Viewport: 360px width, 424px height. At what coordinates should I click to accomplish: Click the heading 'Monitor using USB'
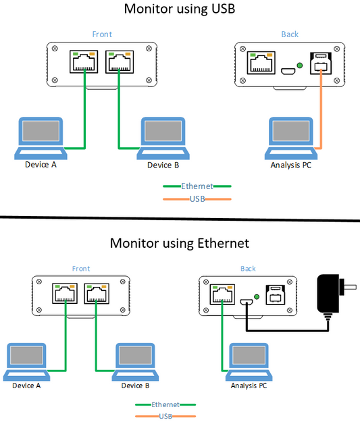point(180,9)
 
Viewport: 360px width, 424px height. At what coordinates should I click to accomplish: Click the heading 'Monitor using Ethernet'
point(180,242)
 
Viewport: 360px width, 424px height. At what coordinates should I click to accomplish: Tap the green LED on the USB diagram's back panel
point(299,65)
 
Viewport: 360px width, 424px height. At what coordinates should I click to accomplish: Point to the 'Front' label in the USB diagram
point(102,34)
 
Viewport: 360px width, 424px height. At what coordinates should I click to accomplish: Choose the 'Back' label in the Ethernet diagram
point(248,269)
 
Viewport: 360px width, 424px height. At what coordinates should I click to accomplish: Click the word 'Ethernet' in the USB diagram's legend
point(197,186)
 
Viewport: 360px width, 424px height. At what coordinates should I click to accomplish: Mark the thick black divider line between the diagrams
point(180,219)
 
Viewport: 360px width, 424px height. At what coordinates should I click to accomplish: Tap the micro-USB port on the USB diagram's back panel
point(286,70)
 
